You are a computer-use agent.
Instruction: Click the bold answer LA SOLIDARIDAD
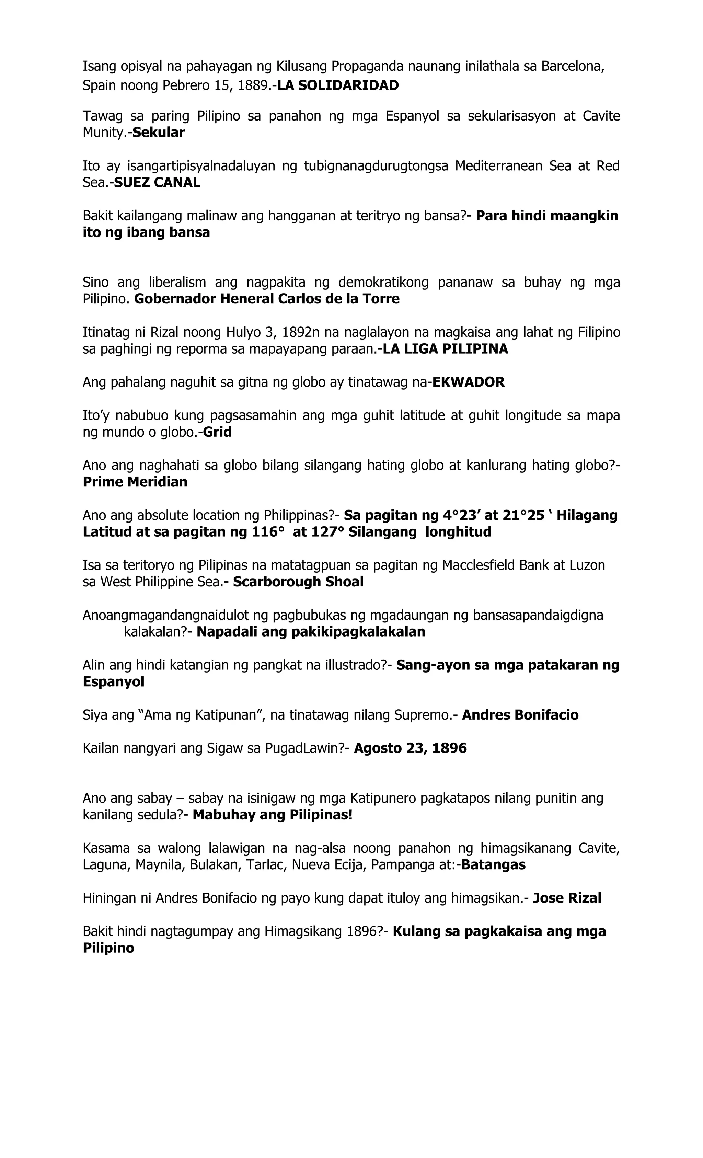[337, 85]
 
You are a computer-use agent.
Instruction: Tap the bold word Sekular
[158, 133]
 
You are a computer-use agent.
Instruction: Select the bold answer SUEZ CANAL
[157, 182]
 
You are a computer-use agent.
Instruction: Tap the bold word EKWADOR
[468, 382]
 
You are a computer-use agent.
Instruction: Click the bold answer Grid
[217, 432]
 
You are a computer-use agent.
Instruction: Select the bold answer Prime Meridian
[135, 482]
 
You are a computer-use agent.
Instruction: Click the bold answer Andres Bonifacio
[520, 715]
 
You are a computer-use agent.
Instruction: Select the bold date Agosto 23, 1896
[410, 748]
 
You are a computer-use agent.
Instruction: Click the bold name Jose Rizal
[567, 898]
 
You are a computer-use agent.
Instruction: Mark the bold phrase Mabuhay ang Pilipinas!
[272, 814]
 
